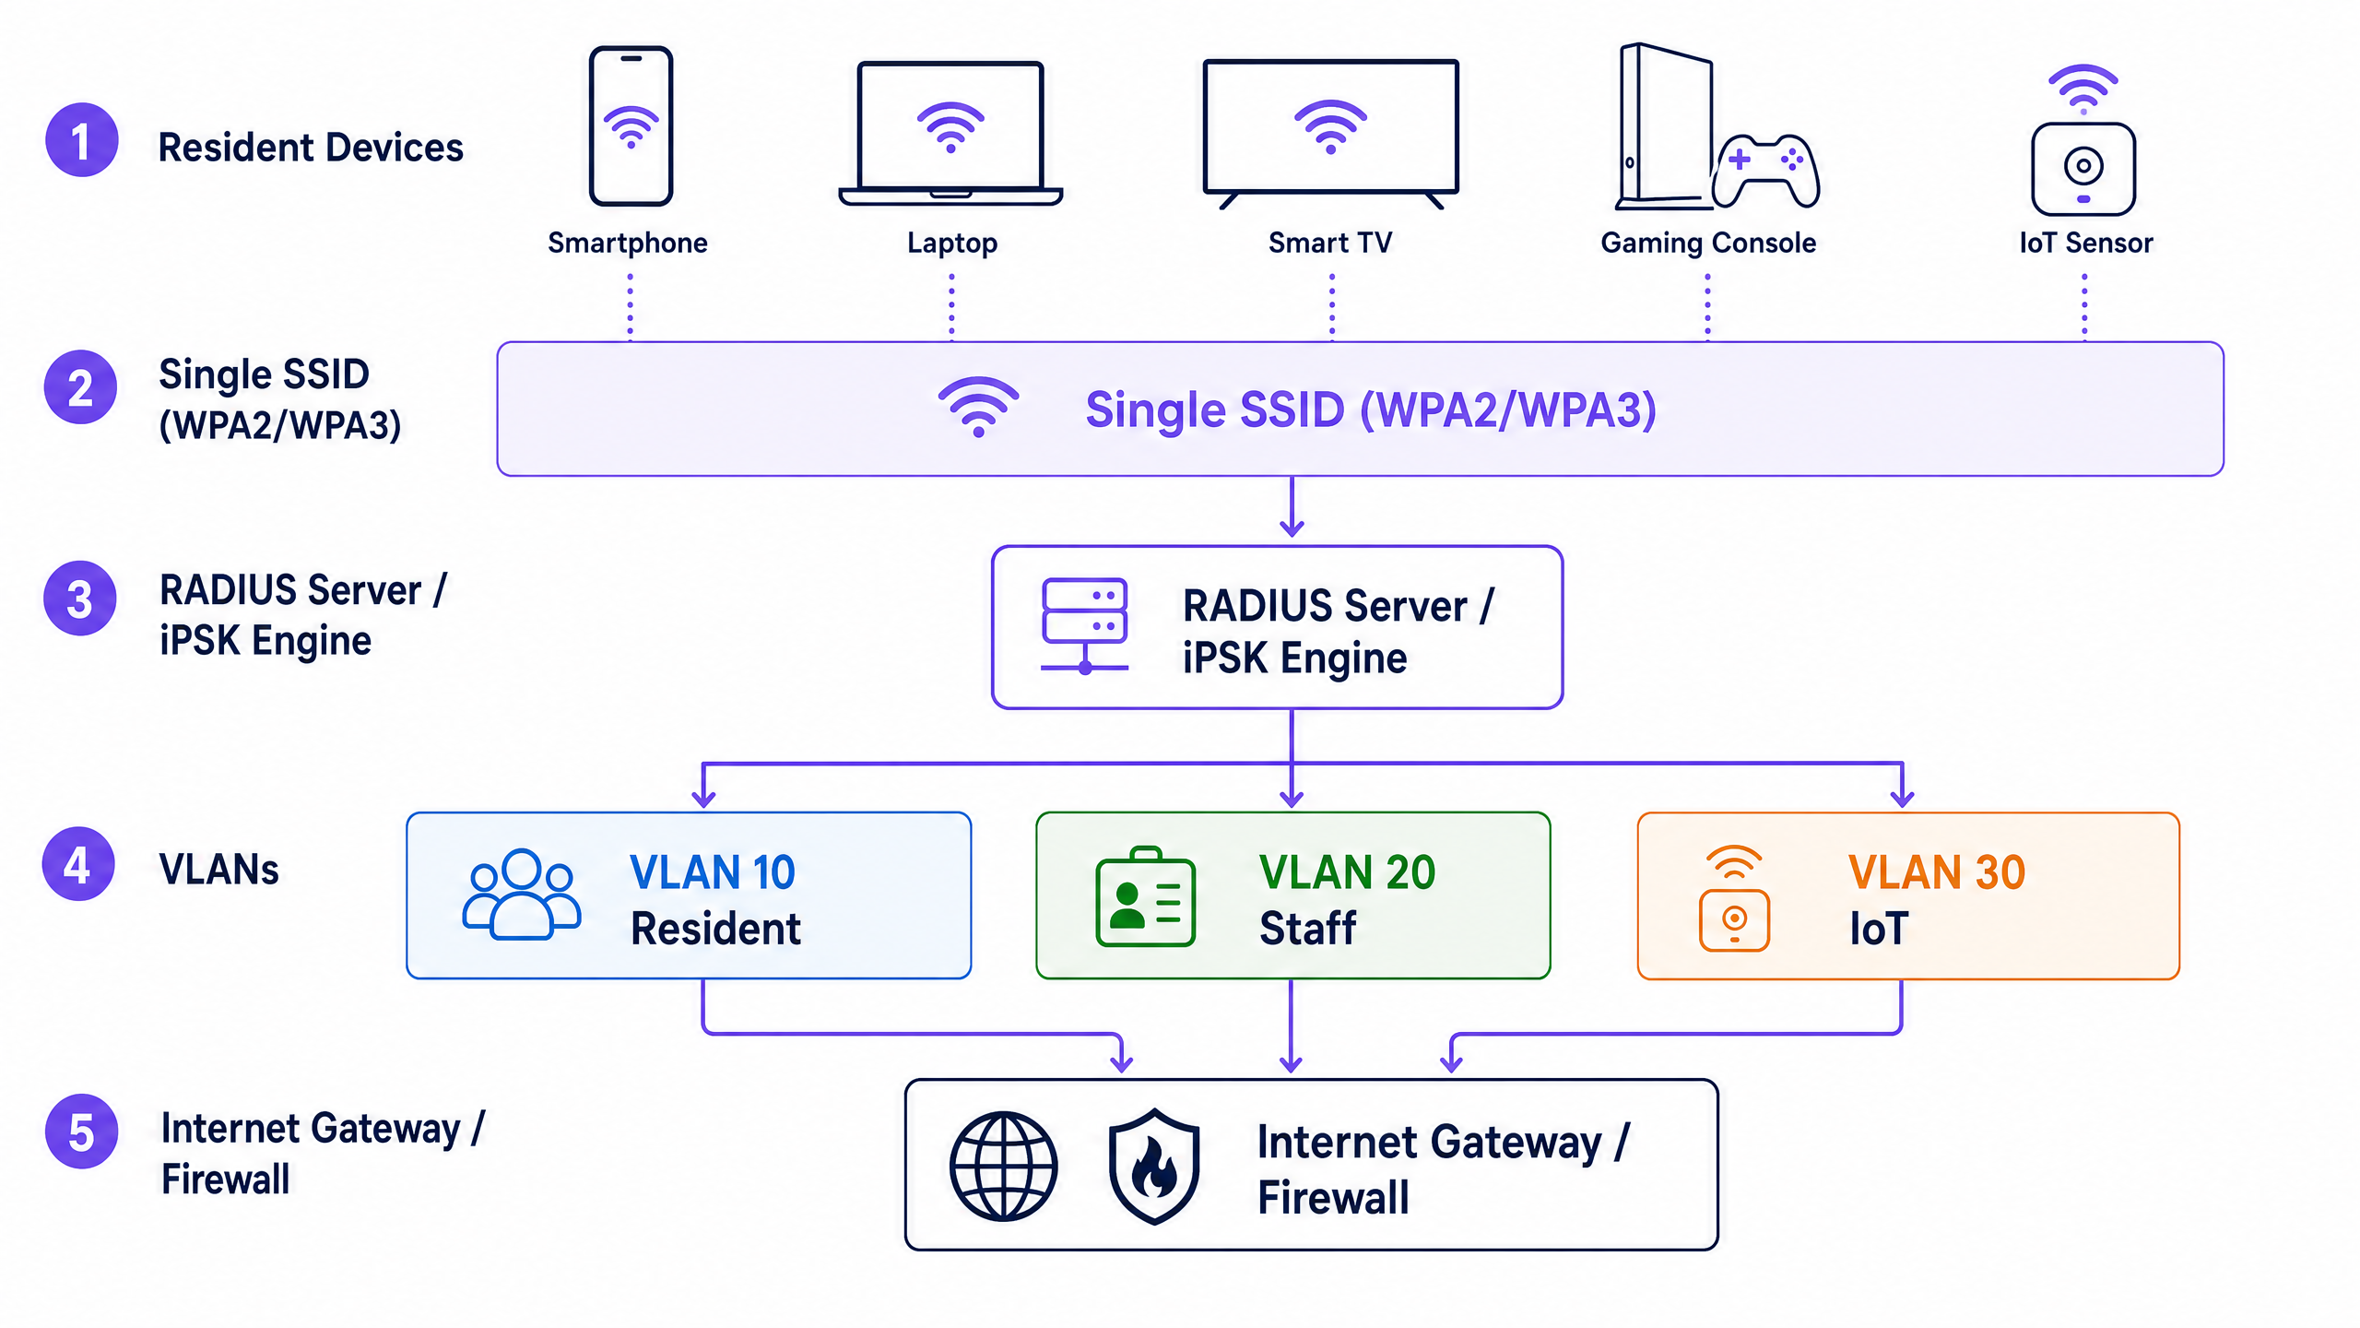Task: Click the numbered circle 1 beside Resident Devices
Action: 82,140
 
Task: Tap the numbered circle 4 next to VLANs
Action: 79,864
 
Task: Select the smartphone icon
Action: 631,125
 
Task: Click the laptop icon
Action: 950,134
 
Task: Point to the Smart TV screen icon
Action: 1330,134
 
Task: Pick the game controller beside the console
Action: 1766,171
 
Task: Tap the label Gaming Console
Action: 1708,243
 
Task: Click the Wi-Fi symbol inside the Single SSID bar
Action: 978,407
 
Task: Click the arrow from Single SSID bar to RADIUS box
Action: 1292,506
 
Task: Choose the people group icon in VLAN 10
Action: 522,894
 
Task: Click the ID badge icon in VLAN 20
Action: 1145,897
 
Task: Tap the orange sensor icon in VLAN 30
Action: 1734,898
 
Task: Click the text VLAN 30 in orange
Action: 1937,872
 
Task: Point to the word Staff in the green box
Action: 1307,928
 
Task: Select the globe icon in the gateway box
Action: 1004,1167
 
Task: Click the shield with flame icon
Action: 1154,1167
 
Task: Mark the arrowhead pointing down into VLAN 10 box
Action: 703,798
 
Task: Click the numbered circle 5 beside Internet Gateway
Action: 81,1132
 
